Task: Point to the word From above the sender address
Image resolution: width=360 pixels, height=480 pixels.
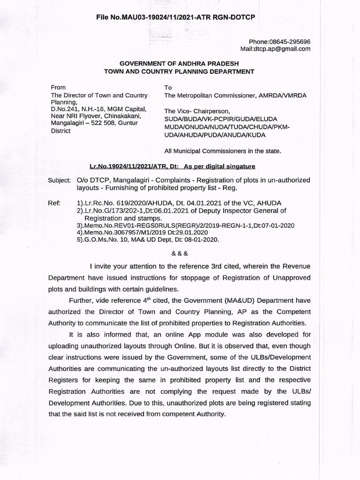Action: pyautogui.click(x=59, y=88)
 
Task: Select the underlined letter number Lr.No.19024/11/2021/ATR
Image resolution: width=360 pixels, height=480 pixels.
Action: pyautogui.click(x=130, y=166)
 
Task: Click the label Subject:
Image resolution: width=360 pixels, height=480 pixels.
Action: pyautogui.click(x=59, y=180)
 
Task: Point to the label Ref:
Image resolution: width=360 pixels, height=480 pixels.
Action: pyautogui.click(x=54, y=202)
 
